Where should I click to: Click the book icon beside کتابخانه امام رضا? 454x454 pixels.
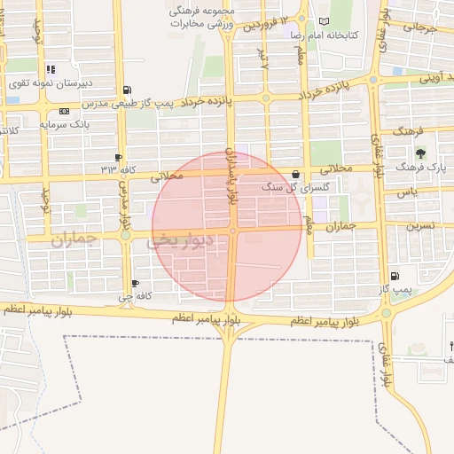(324, 21)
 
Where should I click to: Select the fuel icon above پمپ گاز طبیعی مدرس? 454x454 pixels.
(128, 90)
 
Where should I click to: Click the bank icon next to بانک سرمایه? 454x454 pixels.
(64, 112)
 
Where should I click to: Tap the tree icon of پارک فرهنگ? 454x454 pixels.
(420, 153)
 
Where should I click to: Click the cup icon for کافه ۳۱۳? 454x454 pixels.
(118, 157)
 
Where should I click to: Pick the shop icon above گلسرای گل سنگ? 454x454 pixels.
(295, 174)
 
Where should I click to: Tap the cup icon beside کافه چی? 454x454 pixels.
(135, 284)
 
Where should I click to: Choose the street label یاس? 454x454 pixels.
(407, 192)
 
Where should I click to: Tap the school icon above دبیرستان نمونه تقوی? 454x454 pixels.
(51, 69)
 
